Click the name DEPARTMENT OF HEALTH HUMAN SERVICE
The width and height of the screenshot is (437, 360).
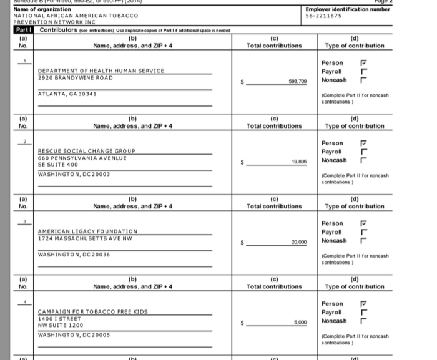(101, 71)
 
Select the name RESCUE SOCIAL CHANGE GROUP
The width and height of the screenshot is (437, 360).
(87, 151)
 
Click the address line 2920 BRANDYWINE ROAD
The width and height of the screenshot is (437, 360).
(76, 77)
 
